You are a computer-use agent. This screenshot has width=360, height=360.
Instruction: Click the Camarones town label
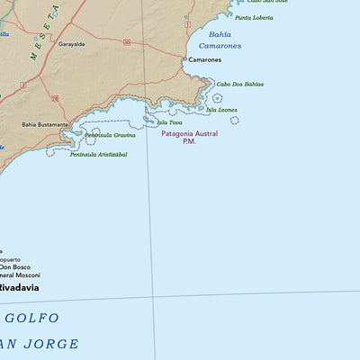[x=205, y=59]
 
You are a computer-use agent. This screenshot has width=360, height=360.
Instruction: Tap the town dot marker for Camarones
[x=184, y=59]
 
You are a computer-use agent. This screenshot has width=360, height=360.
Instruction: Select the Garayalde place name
[x=72, y=43]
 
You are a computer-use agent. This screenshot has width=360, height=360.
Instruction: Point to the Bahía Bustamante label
[x=45, y=124]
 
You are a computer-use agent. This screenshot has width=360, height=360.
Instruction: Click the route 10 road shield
[x=127, y=42]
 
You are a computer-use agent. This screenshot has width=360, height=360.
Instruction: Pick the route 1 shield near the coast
[x=187, y=23]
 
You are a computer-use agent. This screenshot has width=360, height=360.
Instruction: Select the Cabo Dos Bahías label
[x=239, y=84]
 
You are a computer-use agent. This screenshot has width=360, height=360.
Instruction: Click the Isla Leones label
[x=221, y=110]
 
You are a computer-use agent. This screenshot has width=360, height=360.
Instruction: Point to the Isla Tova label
[x=169, y=122]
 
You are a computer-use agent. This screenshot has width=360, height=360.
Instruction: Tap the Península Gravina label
[x=111, y=135]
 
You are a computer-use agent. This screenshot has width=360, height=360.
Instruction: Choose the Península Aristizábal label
[x=98, y=154]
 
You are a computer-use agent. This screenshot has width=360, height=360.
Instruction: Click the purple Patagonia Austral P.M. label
[x=189, y=137]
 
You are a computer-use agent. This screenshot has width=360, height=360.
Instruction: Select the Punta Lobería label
[x=254, y=17]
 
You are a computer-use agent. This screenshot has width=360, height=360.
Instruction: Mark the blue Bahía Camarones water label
[x=220, y=40]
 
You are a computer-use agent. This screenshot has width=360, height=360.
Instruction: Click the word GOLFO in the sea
[x=31, y=318]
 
